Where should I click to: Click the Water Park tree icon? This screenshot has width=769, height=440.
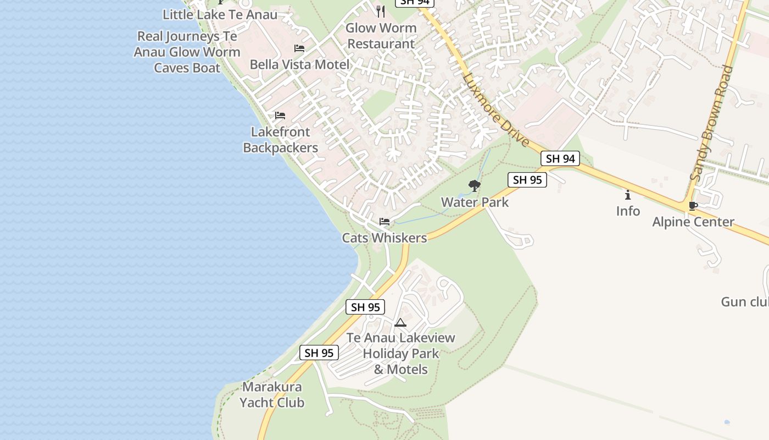point(475,186)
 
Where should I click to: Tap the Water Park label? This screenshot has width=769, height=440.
point(475,202)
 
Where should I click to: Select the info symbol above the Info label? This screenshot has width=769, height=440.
point(628,195)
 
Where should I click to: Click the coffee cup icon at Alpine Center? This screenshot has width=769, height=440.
point(693,206)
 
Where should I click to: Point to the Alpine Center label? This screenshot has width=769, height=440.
point(693,222)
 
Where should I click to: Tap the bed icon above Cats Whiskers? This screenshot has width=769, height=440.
point(384,222)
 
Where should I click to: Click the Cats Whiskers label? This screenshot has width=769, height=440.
point(384,238)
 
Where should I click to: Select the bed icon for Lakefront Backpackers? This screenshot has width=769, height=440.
point(280,116)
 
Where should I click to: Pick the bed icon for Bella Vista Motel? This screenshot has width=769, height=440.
point(299,48)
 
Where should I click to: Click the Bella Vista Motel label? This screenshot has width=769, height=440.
point(299,64)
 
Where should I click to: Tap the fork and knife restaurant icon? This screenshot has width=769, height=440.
point(381,11)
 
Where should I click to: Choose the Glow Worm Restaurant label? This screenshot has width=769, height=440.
point(381,36)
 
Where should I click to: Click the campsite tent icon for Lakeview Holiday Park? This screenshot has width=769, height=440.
point(400,322)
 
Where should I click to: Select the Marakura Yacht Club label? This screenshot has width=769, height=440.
point(272,394)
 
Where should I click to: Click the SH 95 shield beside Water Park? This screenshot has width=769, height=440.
point(527,179)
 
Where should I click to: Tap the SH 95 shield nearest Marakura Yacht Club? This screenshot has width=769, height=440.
point(319,353)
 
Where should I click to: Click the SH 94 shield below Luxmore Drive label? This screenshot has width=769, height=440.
point(560,158)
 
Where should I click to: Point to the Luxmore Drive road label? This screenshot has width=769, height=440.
point(495,110)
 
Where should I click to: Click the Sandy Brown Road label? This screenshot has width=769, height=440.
point(712,123)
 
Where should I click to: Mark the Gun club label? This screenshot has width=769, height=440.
point(745,301)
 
